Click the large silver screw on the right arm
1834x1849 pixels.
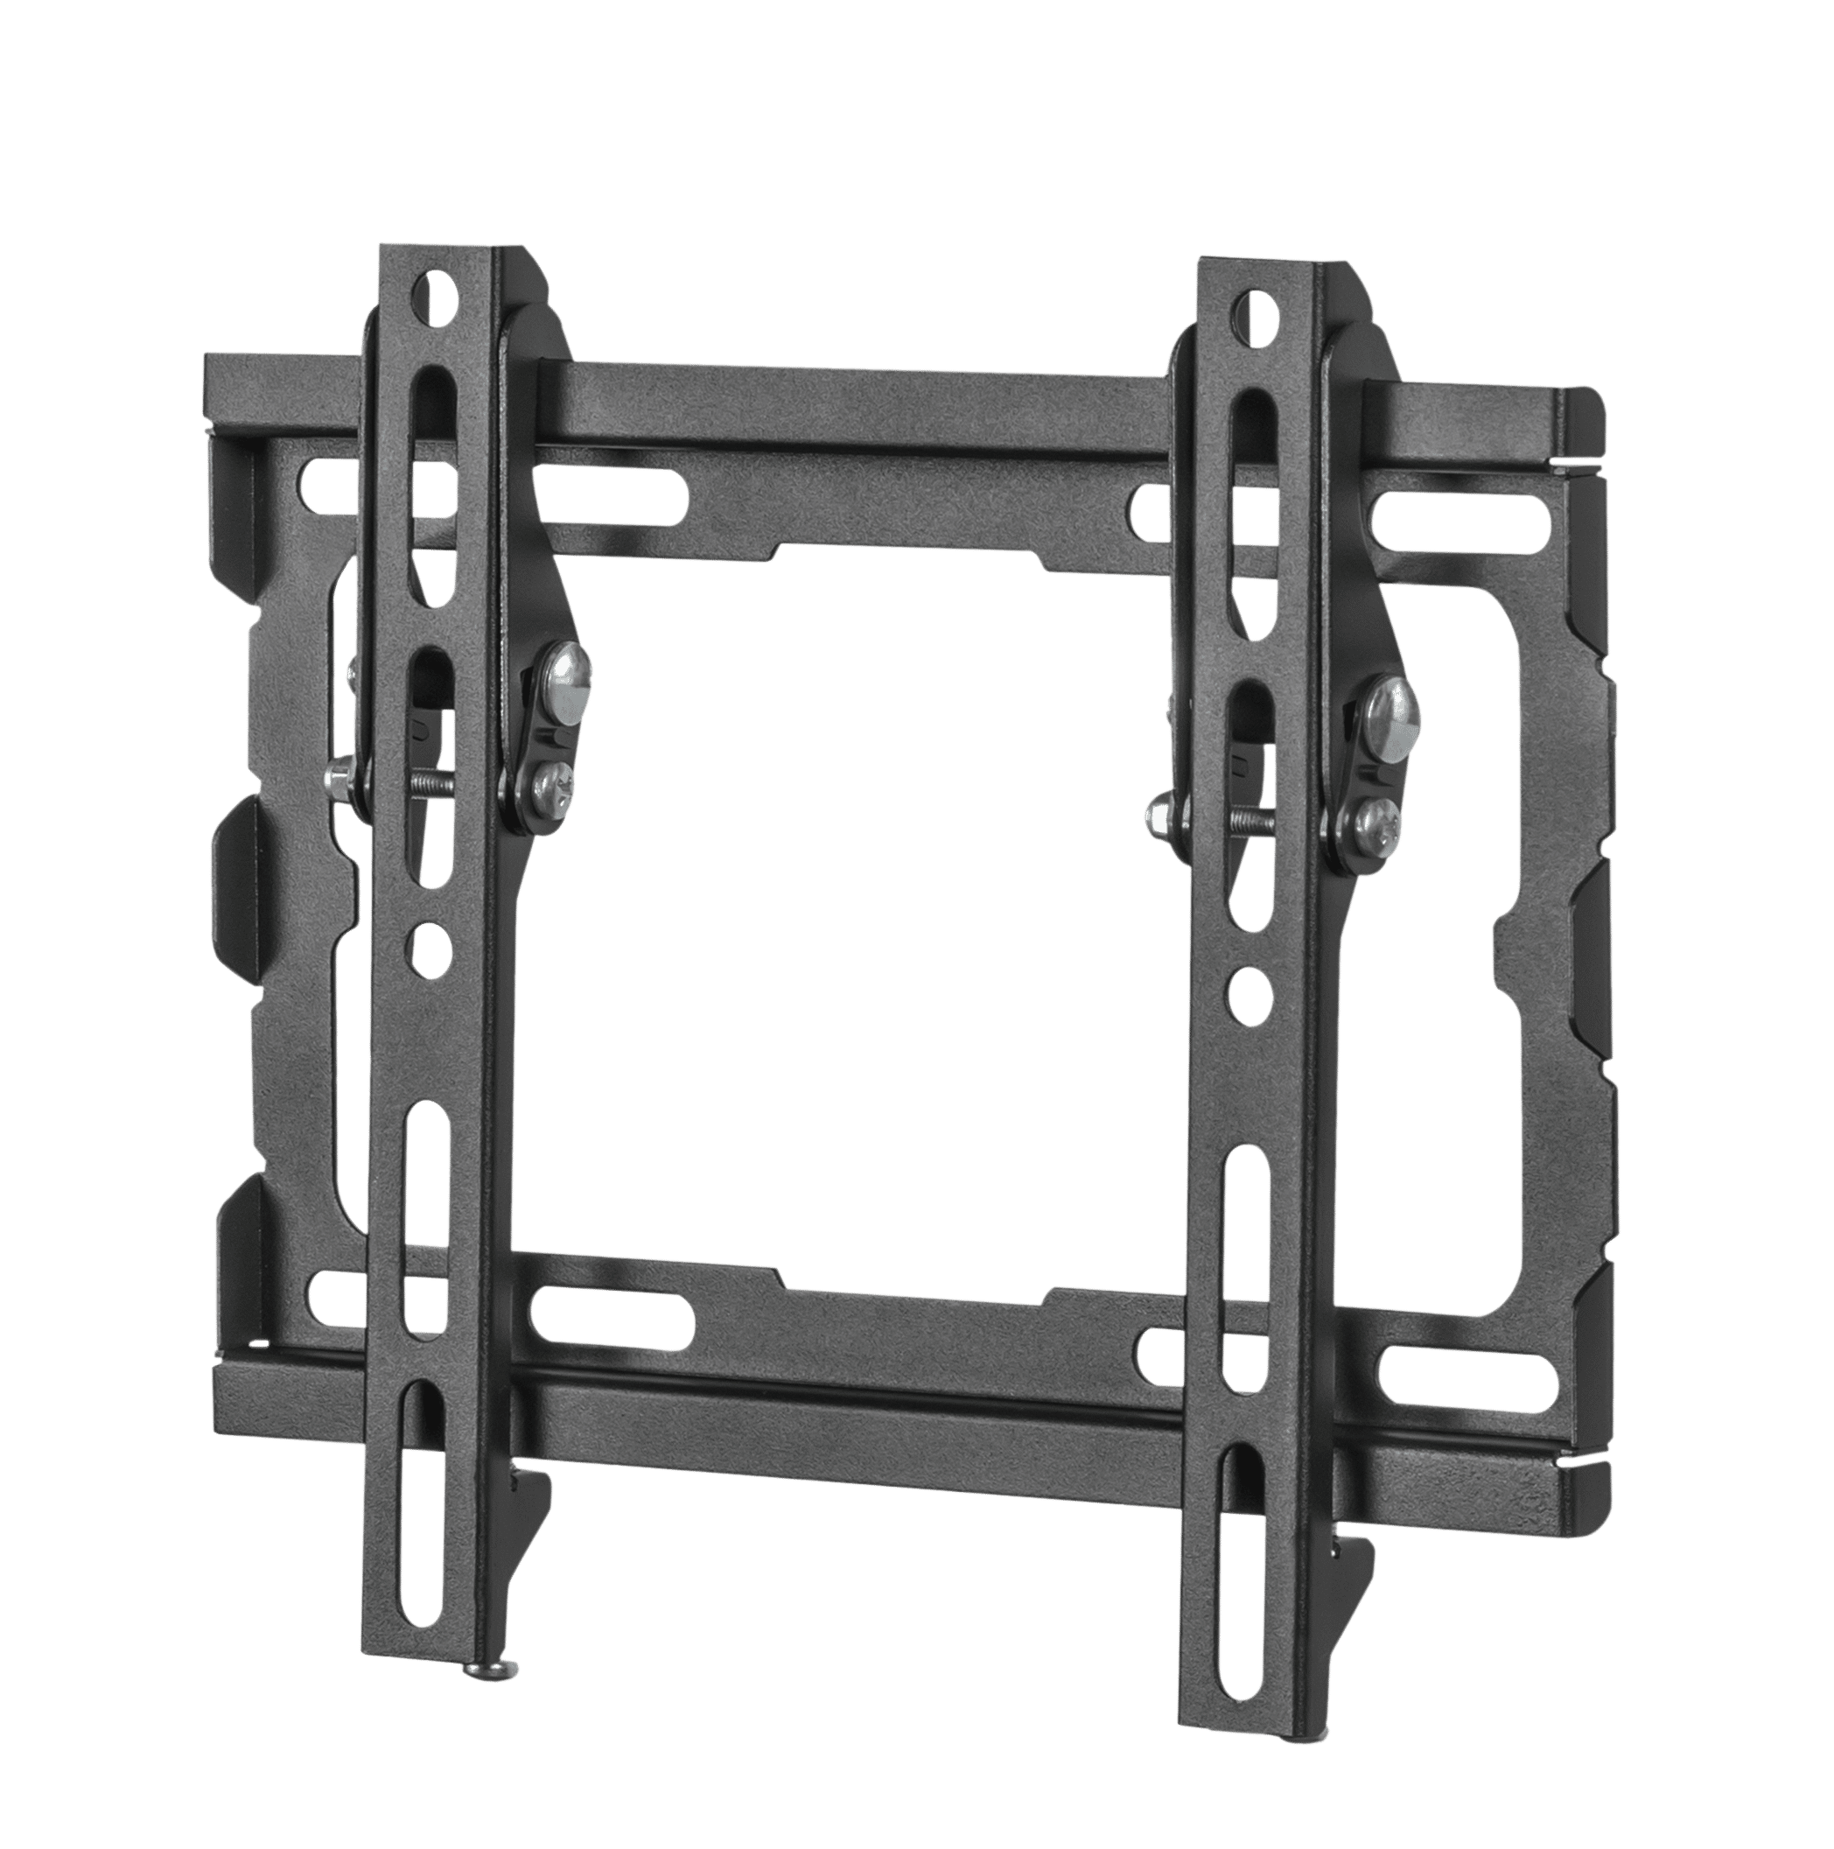(1394, 711)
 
